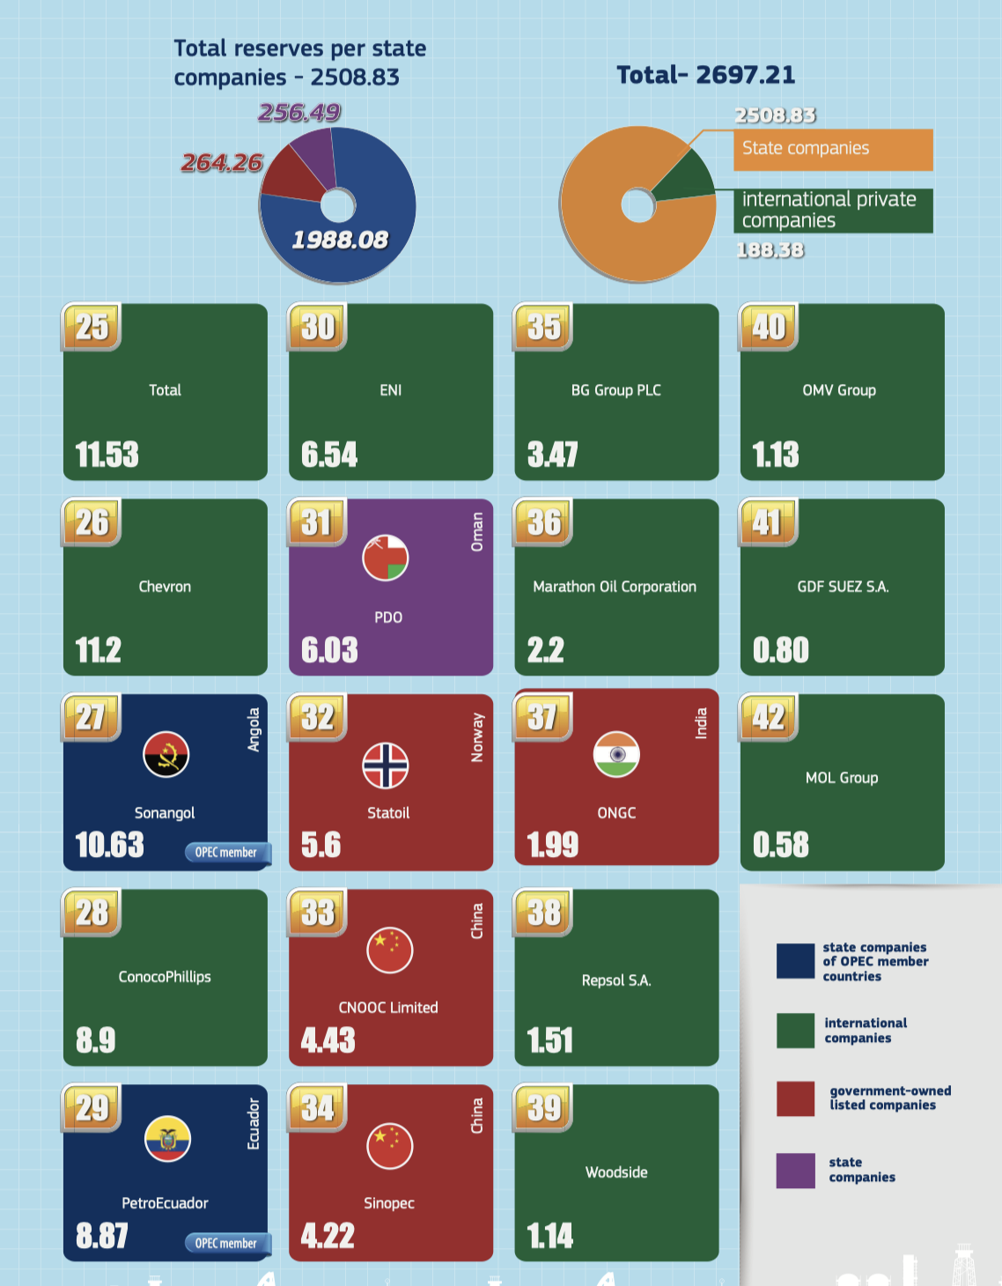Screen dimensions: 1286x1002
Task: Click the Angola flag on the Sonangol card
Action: (x=166, y=755)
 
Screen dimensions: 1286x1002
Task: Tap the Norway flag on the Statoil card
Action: (x=386, y=765)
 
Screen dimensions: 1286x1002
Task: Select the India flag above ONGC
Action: (x=616, y=755)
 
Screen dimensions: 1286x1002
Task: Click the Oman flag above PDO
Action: (x=386, y=558)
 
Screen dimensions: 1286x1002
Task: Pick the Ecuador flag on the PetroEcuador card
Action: (x=167, y=1139)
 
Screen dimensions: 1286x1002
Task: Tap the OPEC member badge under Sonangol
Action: (x=226, y=853)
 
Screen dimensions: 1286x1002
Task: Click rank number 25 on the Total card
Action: (x=92, y=327)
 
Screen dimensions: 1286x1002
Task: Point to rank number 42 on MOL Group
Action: (x=769, y=717)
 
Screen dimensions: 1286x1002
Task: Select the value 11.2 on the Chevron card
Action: (x=99, y=650)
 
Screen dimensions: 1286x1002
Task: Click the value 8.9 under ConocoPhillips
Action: (x=95, y=1040)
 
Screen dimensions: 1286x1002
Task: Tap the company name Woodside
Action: (x=616, y=1172)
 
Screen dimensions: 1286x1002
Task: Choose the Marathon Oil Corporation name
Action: (x=615, y=587)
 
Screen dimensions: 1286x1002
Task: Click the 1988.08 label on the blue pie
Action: (x=340, y=240)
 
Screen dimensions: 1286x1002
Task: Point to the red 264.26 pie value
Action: (x=222, y=163)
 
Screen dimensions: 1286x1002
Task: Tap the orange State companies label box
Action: (x=832, y=149)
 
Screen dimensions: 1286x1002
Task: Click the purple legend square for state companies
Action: (x=795, y=1170)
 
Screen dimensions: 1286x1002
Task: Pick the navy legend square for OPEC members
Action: (x=795, y=961)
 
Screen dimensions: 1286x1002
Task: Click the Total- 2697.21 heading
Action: (x=705, y=75)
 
